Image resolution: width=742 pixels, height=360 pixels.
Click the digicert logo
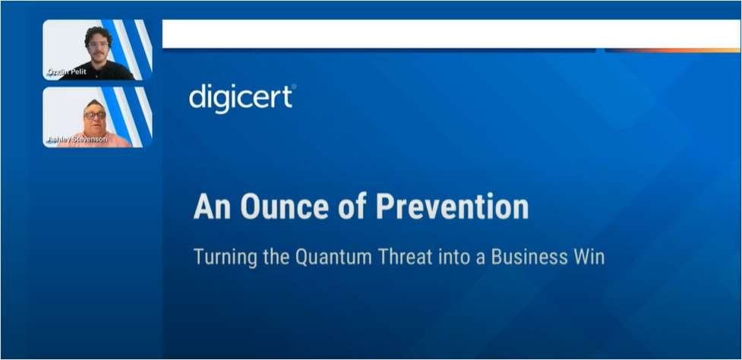coord(242,99)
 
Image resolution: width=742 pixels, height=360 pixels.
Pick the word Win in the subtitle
coord(588,257)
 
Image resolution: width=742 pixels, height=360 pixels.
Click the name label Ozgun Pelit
coord(67,72)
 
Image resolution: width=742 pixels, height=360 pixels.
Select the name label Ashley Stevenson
coord(74,140)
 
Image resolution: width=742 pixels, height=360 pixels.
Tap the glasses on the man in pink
coord(95,115)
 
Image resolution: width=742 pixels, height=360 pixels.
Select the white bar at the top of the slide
coord(440,34)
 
